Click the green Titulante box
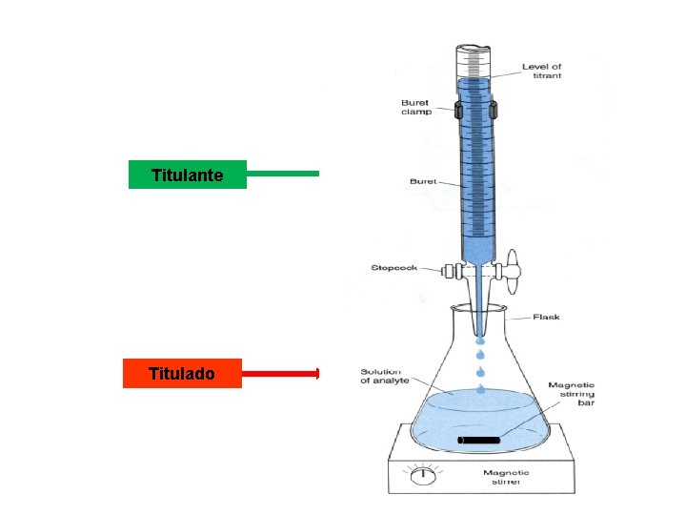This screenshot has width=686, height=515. tap(188, 175)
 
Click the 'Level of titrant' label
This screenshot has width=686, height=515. tap(541, 72)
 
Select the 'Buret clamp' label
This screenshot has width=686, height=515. tap(414, 107)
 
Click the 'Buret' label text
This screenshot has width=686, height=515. tap(422, 181)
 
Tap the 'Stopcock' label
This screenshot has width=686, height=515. tap(394, 268)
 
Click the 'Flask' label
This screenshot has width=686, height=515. tap(545, 317)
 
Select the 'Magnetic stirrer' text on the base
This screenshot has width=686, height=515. tap(504, 477)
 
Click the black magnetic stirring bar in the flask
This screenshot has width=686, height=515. tap(478, 440)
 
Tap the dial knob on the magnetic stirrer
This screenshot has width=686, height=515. tap(419, 473)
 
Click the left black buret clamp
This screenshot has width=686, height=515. tap(458, 112)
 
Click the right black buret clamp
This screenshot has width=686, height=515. tap(494, 112)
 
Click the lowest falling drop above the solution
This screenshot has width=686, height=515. tap(480, 388)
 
